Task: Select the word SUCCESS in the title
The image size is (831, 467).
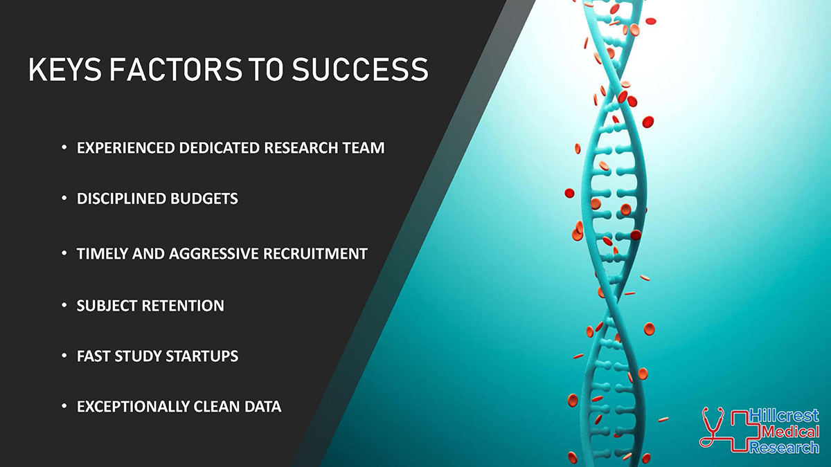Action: pyautogui.click(x=360, y=69)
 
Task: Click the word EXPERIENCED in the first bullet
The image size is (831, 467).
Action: pyautogui.click(x=126, y=148)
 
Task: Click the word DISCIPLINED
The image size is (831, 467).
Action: pyautogui.click(x=121, y=199)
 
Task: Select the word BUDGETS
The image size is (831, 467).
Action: pyautogui.click(x=204, y=199)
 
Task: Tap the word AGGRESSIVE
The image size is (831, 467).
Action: pyautogui.click(x=214, y=254)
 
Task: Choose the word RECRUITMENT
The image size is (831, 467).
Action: pyautogui.click(x=315, y=254)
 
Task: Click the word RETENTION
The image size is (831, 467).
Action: pyautogui.click(x=183, y=306)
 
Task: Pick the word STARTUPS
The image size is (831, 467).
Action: pyautogui.click(x=202, y=356)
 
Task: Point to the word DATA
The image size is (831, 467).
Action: pyautogui.click(x=262, y=407)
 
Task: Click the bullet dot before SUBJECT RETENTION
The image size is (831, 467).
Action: pyautogui.click(x=64, y=305)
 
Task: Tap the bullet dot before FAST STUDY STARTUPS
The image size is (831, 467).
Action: pyautogui.click(x=64, y=356)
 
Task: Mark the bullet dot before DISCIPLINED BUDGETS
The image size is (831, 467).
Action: pyautogui.click(x=64, y=199)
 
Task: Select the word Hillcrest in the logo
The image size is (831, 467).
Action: pyautogui.click(x=784, y=416)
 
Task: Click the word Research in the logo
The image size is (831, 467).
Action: pyautogui.click(x=784, y=447)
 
